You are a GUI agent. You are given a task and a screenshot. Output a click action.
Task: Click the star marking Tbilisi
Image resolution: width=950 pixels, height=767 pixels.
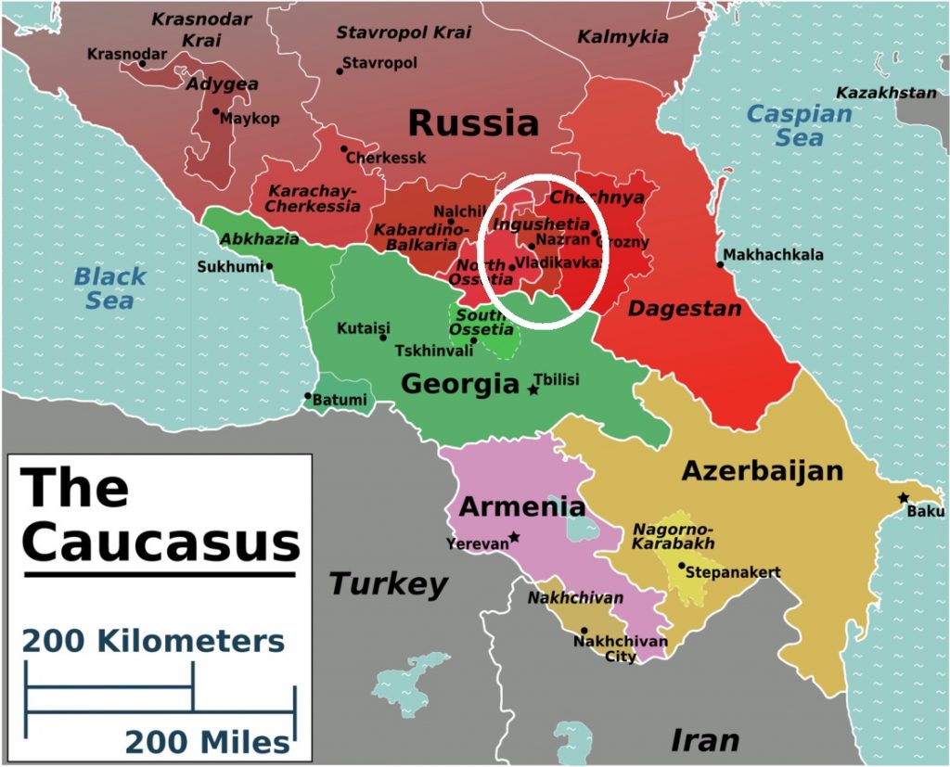[533, 390]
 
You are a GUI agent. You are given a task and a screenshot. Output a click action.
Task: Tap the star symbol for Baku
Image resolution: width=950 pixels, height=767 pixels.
[904, 498]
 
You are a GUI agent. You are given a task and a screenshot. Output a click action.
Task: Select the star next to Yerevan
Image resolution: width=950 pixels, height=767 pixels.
[514, 537]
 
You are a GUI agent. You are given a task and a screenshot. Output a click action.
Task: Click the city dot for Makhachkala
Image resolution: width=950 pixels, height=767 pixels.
[720, 264]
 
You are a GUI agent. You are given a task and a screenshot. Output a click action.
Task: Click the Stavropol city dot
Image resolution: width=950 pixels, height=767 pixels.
[340, 71]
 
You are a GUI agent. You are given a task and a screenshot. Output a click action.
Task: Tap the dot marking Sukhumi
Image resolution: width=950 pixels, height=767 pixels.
[270, 266]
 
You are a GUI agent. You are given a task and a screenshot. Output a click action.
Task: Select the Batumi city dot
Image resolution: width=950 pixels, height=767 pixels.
[308, 396]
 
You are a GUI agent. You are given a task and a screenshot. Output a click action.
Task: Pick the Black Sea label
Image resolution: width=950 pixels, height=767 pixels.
[110, 288]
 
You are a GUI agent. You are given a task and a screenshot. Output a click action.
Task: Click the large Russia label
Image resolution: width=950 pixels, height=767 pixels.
[473, 122]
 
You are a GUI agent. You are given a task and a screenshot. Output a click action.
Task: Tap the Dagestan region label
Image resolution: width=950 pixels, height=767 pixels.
[685, 309]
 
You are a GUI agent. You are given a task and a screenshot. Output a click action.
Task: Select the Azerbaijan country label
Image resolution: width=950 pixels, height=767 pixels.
[762, 470]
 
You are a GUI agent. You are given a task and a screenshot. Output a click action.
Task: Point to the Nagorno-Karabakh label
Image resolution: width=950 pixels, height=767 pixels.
[673, 536]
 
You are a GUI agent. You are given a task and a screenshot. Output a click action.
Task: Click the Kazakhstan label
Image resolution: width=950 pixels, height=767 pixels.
[886, 93]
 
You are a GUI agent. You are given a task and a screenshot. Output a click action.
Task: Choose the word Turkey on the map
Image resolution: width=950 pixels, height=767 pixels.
[388, 584]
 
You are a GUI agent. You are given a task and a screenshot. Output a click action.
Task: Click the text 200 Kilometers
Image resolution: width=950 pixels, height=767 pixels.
[153, 641]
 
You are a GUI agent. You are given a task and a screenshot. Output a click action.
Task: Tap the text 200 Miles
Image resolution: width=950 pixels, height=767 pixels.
[207, 742]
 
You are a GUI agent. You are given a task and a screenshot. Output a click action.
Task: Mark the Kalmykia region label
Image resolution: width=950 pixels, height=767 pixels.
[623, 37]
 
